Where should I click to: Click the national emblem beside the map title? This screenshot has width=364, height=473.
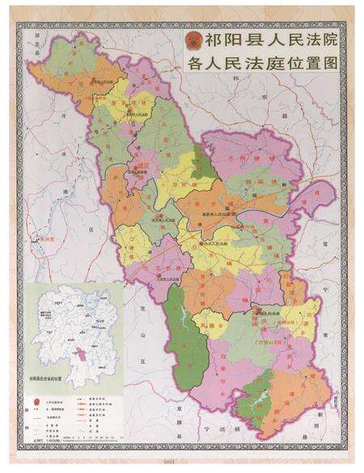[193, 40]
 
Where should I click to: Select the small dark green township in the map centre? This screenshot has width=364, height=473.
[205, 158]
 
